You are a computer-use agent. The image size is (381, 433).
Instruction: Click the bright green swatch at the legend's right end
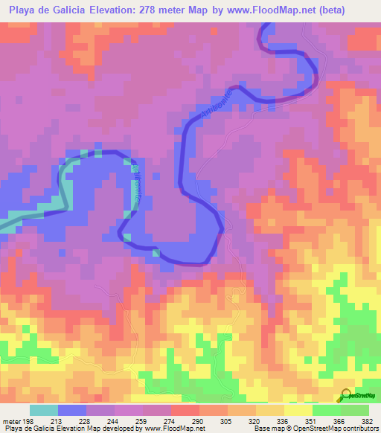(355, 410)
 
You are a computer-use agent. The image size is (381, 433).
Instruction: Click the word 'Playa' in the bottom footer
(13, 429)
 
